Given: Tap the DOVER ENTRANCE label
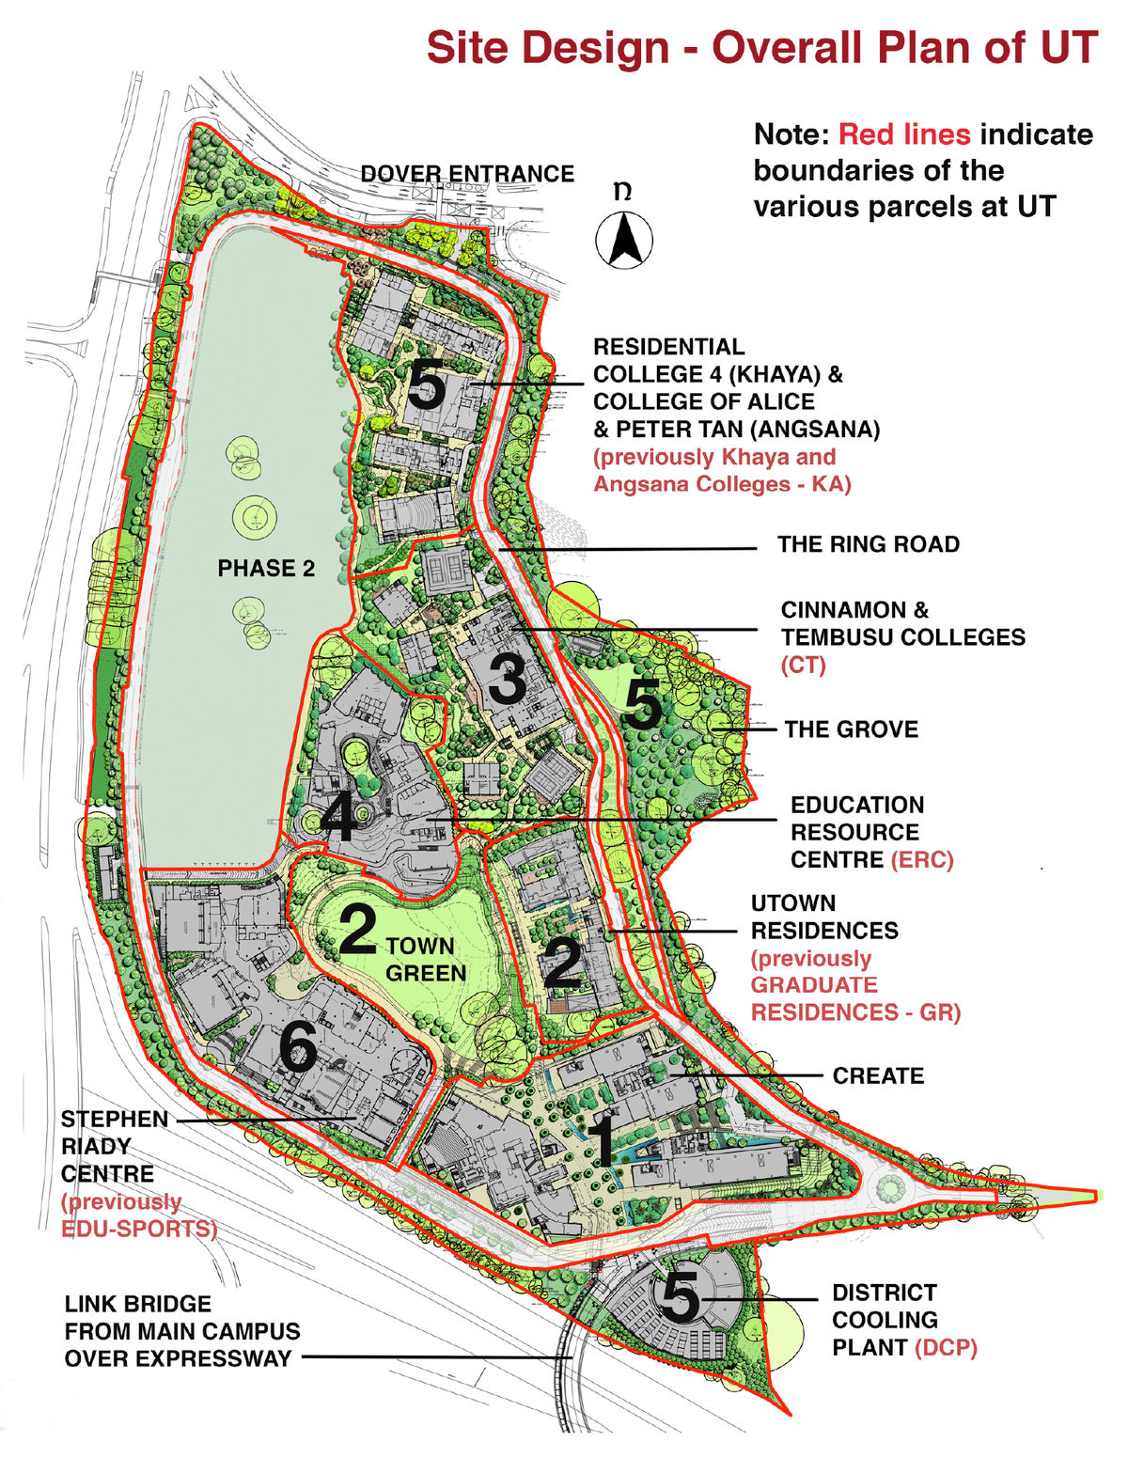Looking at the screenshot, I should click(467, 174).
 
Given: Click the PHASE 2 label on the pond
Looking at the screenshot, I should click(266, 568).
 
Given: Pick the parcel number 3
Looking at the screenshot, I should click(508, 678).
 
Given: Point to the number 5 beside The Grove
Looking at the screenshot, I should click(643, 705).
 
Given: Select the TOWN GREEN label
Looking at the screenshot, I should click(426, 959).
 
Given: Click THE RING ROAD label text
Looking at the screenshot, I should click(868, 544).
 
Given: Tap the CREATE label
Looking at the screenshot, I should click(878, 1075).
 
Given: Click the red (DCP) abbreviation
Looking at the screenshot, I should click(946, 1347).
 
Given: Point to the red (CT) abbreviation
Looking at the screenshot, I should click(803, 665).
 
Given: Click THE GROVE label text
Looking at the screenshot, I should click(851, 729).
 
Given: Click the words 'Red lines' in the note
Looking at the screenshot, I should click(903, 134).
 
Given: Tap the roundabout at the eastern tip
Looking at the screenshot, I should click(889, 1189).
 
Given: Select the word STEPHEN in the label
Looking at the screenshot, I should click(115, 1120).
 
